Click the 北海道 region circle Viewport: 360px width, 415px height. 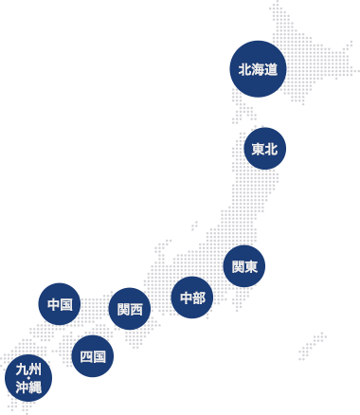(x=258, y=69)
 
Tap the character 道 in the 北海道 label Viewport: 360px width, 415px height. (x=271, y=70)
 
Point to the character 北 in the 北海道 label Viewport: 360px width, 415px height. (x=244, y=70)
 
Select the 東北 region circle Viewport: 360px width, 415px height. (x=265, y=149)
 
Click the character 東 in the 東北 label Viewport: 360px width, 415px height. (x=259, y=149)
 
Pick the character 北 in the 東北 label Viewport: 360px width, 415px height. (x=272, y=149)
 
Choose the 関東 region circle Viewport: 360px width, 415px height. (x=244, y=267)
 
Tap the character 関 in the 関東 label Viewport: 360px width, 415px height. (x=238, y=267)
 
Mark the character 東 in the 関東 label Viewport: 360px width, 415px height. (x=251, y=267)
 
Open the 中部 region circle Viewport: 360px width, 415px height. (x=192, y=298)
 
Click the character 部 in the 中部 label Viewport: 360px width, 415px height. (x=199, y=298)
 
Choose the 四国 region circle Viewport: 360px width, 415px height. (x=93, y=356)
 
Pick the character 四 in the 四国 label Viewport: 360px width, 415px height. (x=86, y=356)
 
